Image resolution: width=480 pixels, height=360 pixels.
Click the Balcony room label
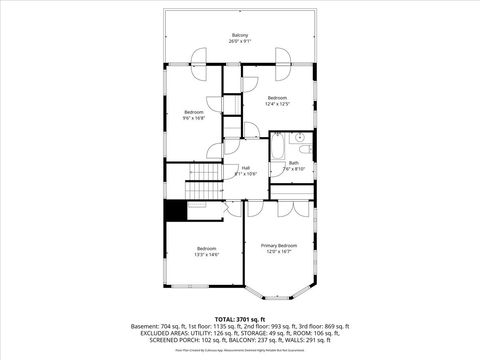tap(240, 35)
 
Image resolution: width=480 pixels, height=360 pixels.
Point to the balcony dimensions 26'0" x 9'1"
tap(240, 41)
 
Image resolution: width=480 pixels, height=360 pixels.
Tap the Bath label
tap(294, 162)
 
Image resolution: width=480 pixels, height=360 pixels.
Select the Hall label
tap(246, 167)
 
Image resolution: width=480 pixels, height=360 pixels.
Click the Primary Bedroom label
tap(279, 245)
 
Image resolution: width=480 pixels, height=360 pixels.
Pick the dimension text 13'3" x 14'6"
tap(206, 254)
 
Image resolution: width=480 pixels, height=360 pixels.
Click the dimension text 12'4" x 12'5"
tap(277, 103)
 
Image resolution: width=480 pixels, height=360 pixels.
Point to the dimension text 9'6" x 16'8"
tap(194, 117)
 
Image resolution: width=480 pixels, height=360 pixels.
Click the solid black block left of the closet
tap(176, 211)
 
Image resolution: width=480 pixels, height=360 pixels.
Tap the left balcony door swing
tap(201, 57)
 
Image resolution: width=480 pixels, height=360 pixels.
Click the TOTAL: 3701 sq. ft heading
tap(240, 319)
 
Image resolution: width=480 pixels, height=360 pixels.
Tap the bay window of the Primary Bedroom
tap(279, 290)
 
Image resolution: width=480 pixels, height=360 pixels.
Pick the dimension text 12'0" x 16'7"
tap(279, 251)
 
